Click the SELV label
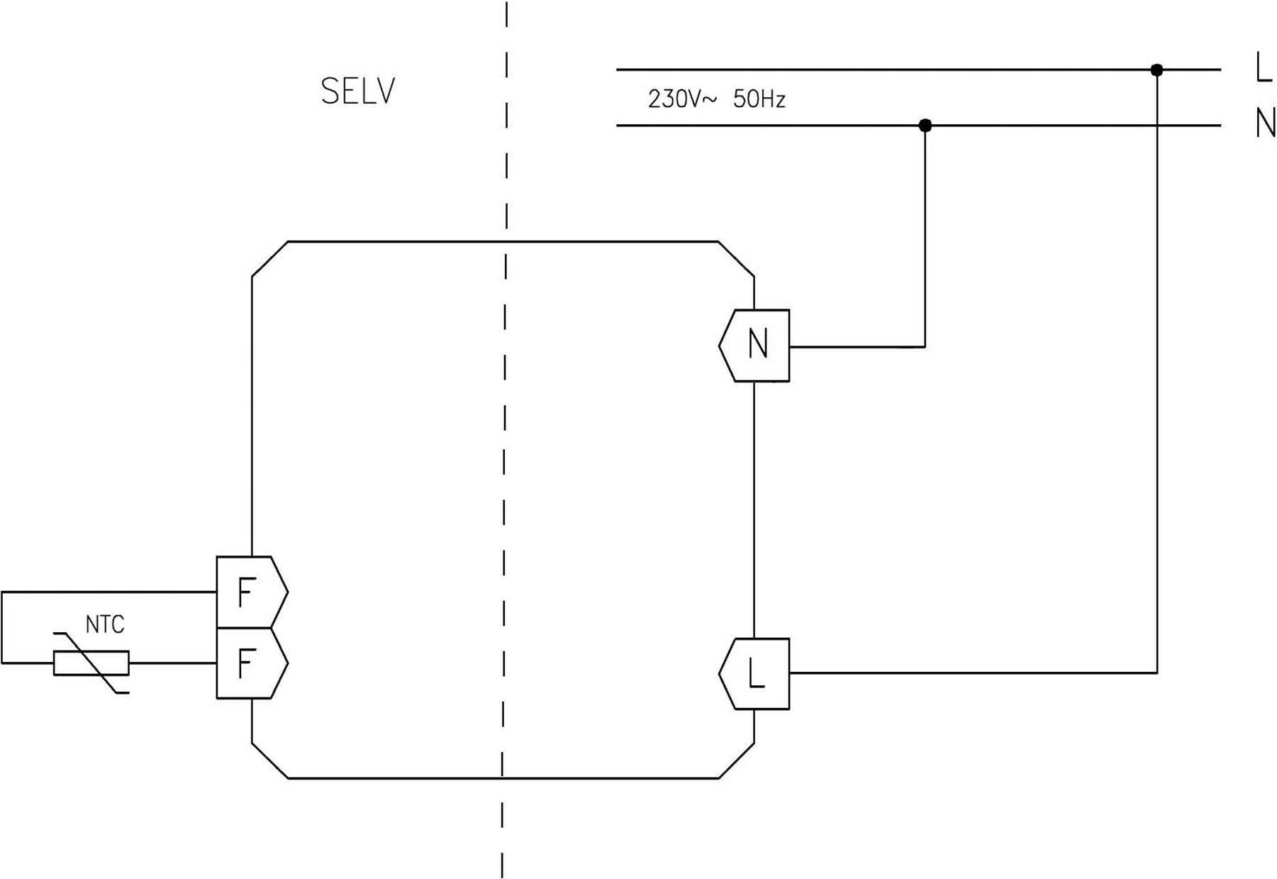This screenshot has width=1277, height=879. pyautogui.click(x=357, y=92)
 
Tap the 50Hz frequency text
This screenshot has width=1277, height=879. pyautogui.click(x=759, y=99)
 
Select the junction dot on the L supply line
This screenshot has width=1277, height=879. pyautogui.click(x=1156, y=70)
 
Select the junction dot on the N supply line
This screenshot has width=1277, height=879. pyautogui.click(x=925, y=126)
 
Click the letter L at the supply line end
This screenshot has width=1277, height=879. pyautogui.click(x=1263, y=69)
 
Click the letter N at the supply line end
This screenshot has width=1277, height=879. pyautogui.click(x=1264, y=123)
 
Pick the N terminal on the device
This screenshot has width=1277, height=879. pyautogui.click(x=756, y=345)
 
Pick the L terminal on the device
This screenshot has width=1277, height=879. pyautogui.click(x=756, y=673)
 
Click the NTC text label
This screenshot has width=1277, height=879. pyautogui.click(x=105, y=625)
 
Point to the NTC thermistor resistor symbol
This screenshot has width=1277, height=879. pyautogui.click(x=91, y=663)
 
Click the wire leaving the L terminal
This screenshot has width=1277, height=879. pyautogui.click(x=971, y=673)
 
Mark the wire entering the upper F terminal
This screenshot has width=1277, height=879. pyautogui.click(x=106, y=592)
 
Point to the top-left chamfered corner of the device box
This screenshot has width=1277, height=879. pyautogui.click(x=269, y=259)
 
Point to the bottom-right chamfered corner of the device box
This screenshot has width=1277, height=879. pyautogui.click(x=737, y=761)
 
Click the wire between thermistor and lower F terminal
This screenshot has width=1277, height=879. pyautogui.click(x=172, y=663)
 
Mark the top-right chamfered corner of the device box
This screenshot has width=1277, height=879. pyautogui.click(x=737, y=259)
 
